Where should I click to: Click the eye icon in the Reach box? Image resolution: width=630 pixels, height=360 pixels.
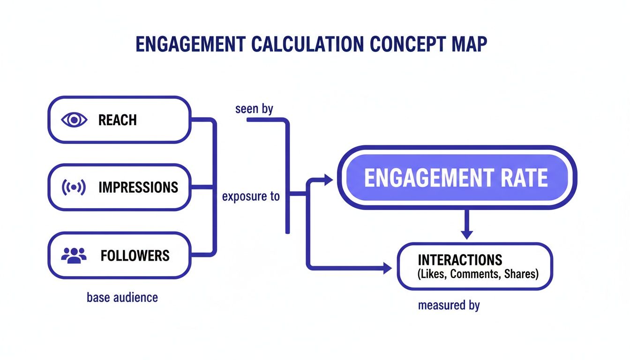74,120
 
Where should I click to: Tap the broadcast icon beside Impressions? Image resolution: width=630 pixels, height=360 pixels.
74,187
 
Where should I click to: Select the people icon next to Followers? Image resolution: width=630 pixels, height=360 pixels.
74,255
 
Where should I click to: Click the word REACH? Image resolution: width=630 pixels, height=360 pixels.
118,120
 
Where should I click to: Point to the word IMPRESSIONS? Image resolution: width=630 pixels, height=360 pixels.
138,187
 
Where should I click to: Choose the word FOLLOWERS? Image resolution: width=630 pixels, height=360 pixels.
135,255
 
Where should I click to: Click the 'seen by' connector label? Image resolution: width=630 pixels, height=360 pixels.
254,109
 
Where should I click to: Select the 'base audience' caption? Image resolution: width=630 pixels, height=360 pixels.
122,297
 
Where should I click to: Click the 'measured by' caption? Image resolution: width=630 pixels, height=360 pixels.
449,306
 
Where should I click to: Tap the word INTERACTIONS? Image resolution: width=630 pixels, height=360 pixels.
460,260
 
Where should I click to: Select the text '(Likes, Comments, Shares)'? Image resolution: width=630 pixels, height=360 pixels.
478,274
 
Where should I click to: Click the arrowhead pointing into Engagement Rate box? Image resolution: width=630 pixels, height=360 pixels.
328,179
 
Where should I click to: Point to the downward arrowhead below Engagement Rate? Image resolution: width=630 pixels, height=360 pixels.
466,234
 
